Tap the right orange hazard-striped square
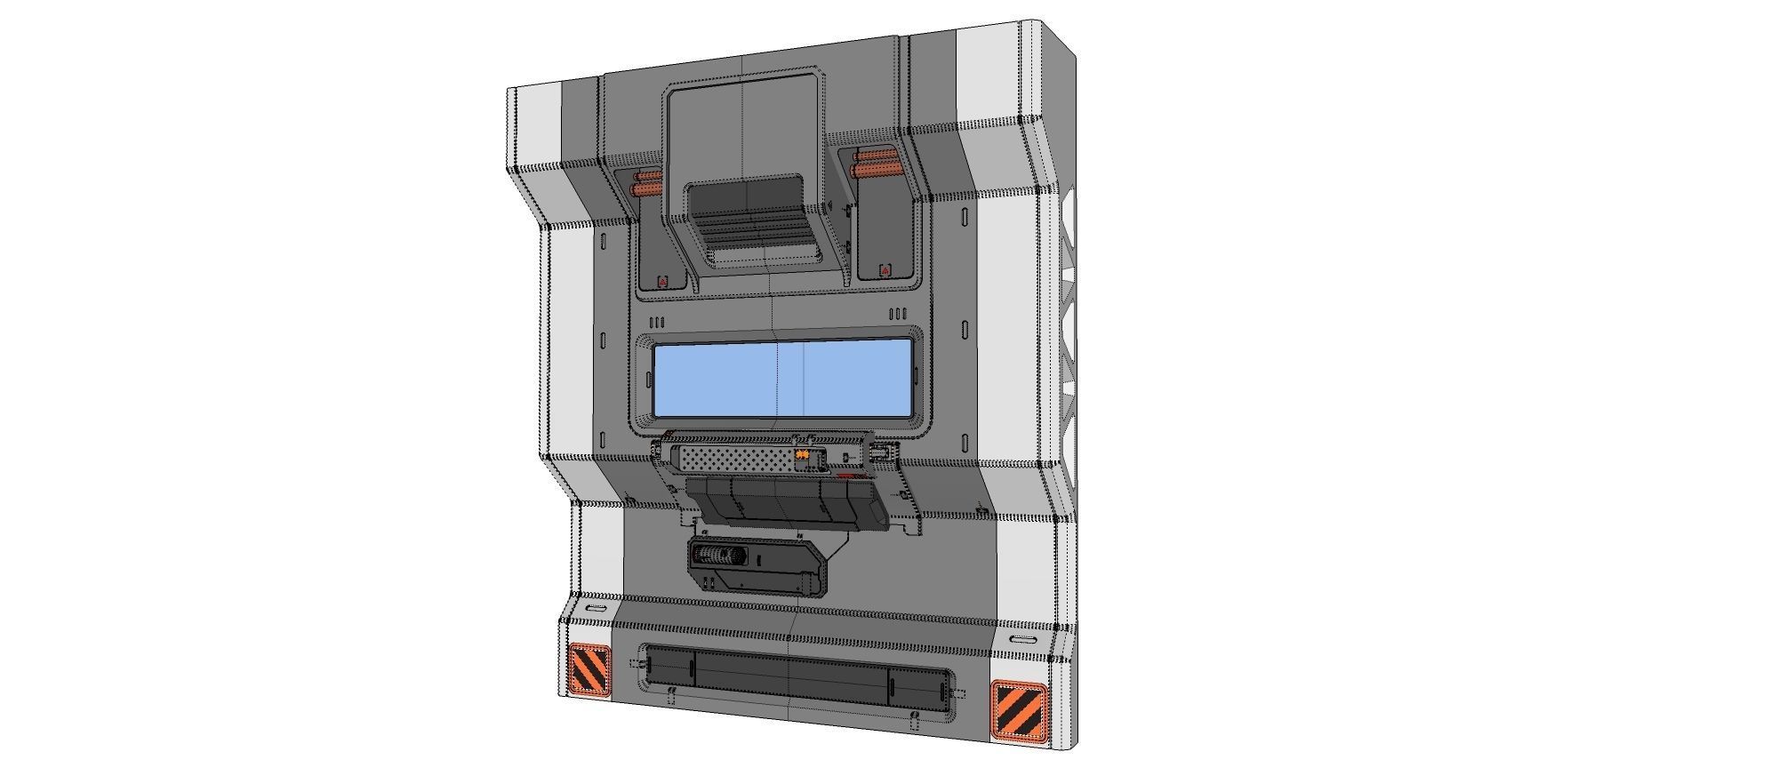point(1019,711)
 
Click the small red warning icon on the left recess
point(661,282)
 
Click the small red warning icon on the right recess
point(885,269)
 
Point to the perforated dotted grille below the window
point(733,458)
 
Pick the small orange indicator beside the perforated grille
point(802,456)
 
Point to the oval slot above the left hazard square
point(596,608)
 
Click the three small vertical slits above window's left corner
point(658,322)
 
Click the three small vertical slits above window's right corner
point(898,314)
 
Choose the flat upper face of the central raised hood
point(742,124)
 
